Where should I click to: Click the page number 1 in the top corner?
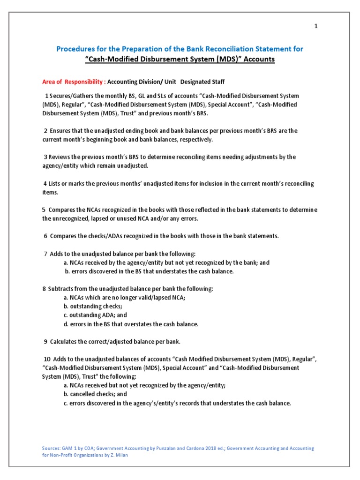click(x=316, y=26)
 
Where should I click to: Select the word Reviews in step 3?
click(x=59, y=157)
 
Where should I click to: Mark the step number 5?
click(x=44, y=210)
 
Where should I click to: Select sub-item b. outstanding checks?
click(x=89, y=307)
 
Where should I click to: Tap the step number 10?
click(x=47, y=359)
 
